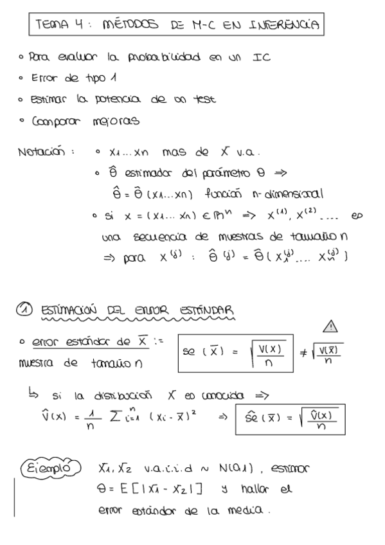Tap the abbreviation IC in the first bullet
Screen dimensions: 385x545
[262, 58]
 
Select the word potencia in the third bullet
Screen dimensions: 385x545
[118, 100]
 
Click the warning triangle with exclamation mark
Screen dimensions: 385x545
[331, 327]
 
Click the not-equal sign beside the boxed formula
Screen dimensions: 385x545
[304, 353]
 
